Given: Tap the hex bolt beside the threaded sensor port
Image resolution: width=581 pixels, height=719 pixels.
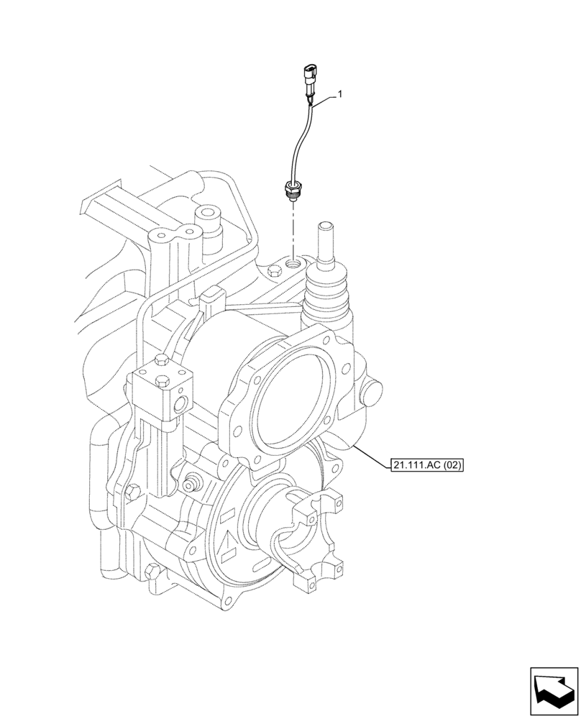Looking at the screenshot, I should [x=273, y=272].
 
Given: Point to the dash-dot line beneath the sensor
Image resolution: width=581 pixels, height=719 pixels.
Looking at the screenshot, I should [x=292, y=230].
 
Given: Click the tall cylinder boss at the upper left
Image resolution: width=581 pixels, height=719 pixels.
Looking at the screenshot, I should [x=210, y=219].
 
